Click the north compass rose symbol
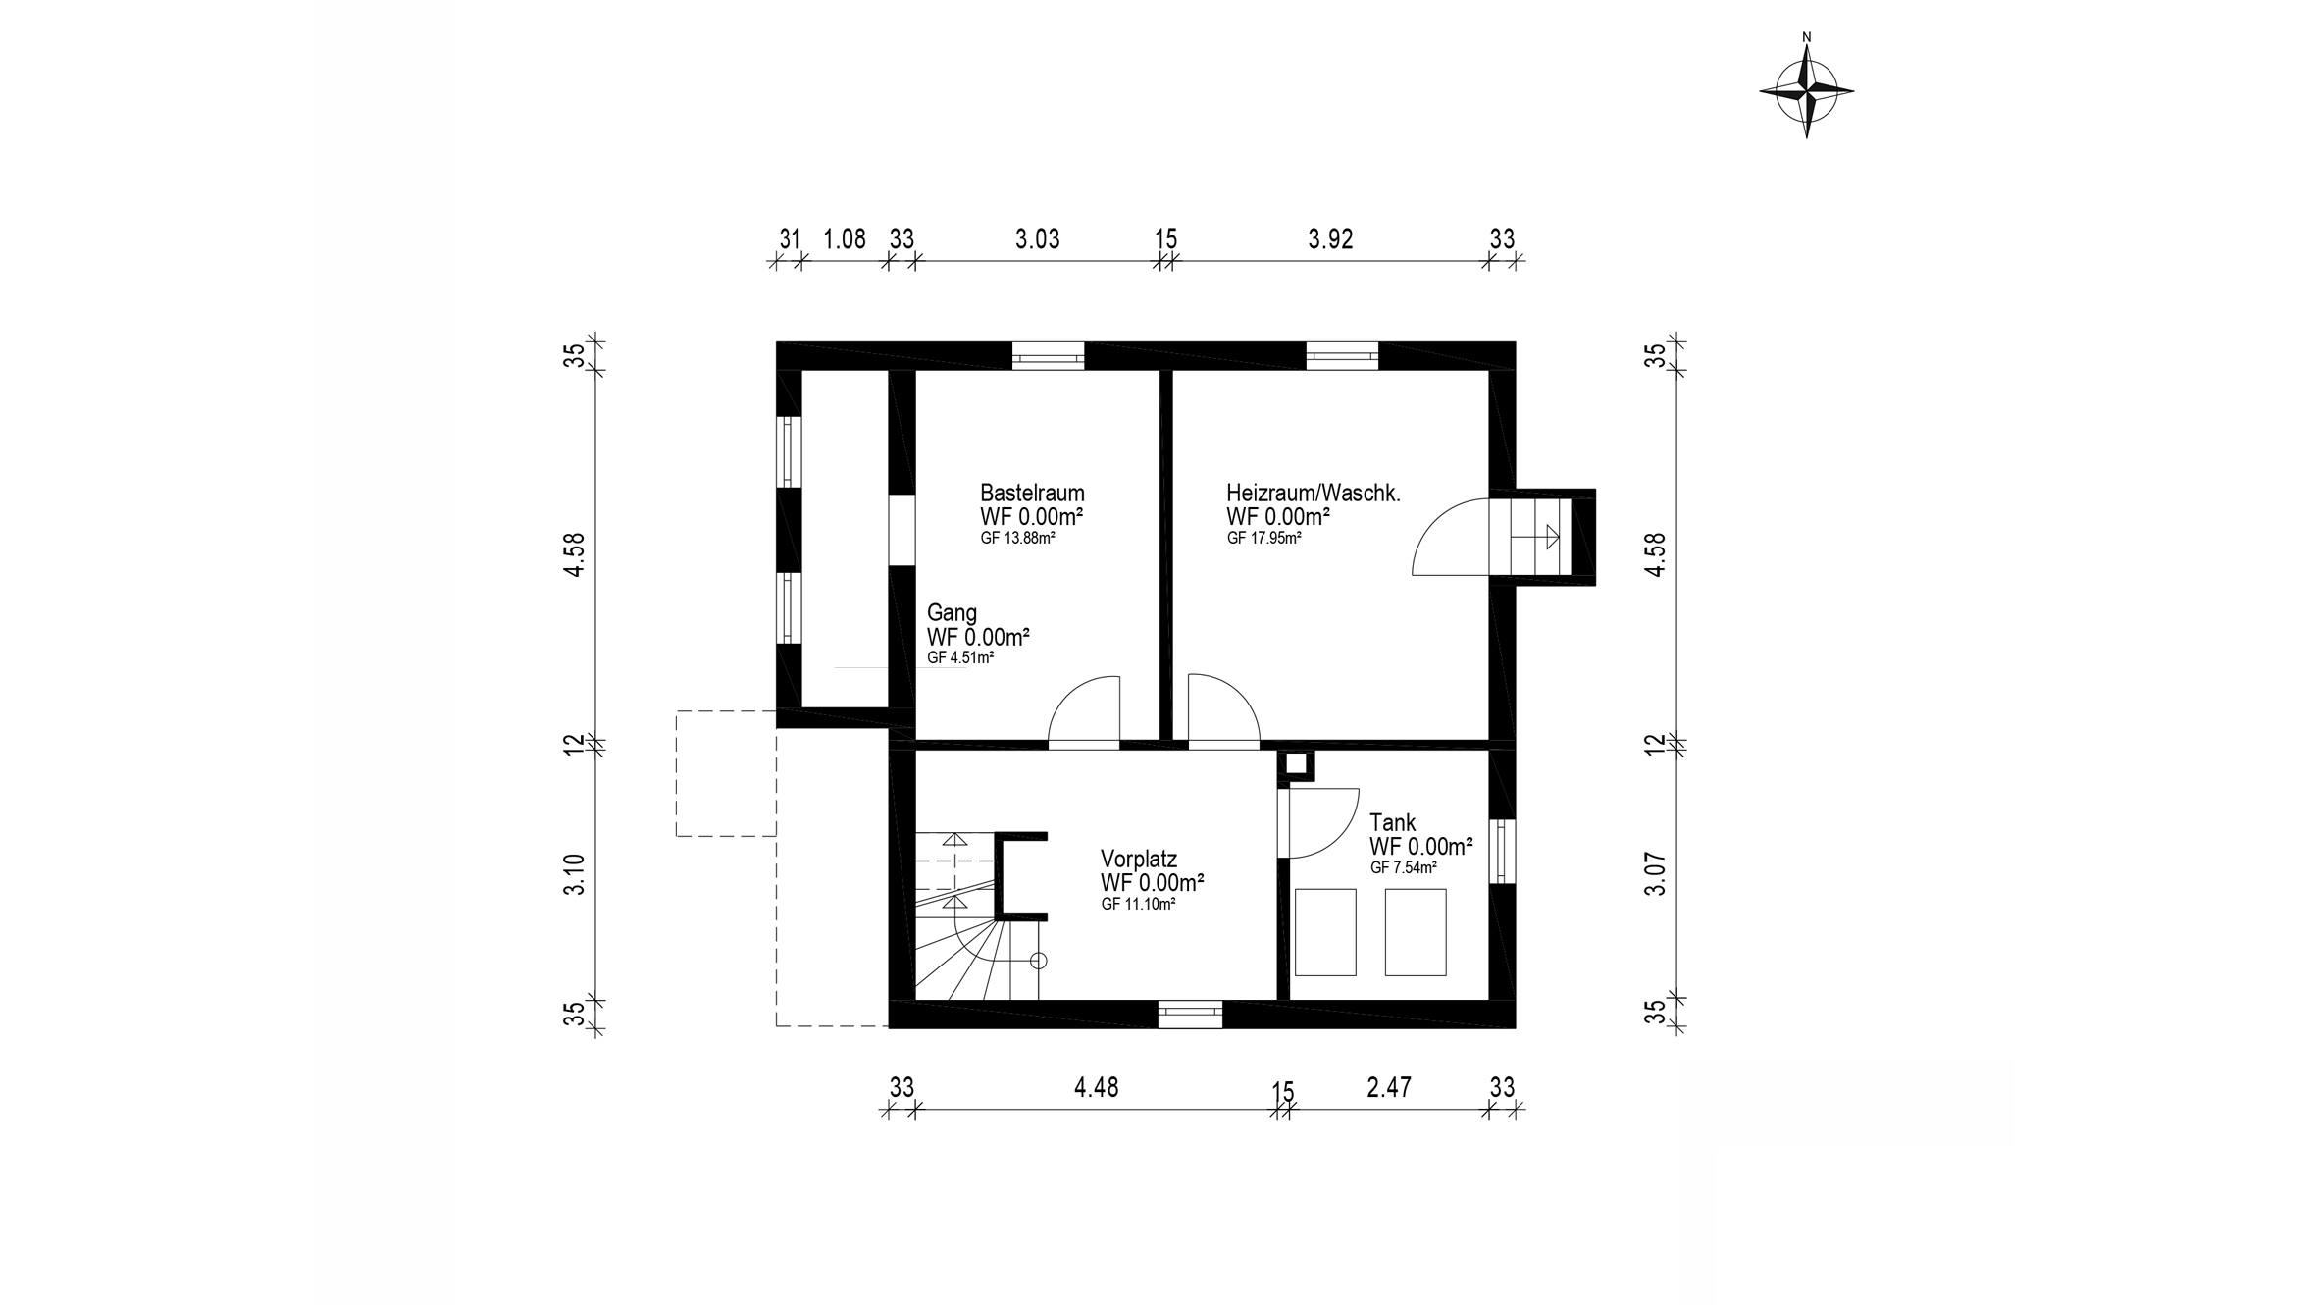click(1806, 91)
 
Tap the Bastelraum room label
click(1032, 493)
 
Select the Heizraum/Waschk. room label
click(1313, 493)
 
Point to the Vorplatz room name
click(1138, 859)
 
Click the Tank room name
click(1392, 822)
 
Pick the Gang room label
click(952, 613)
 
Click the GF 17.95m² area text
click(1263, 539)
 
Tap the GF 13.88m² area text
click(1017, 539)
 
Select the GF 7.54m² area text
click(1403, 868)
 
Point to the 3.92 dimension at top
click(1330, 239)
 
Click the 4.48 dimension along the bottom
click(1096, 1087)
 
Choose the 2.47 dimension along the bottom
click(1389, 1087)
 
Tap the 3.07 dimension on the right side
click(1656, 873)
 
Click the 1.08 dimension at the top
click(844, 239)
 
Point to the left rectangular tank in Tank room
click(1325, 932)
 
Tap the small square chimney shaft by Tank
click(1296, 765)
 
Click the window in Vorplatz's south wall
click(1190, 1014)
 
